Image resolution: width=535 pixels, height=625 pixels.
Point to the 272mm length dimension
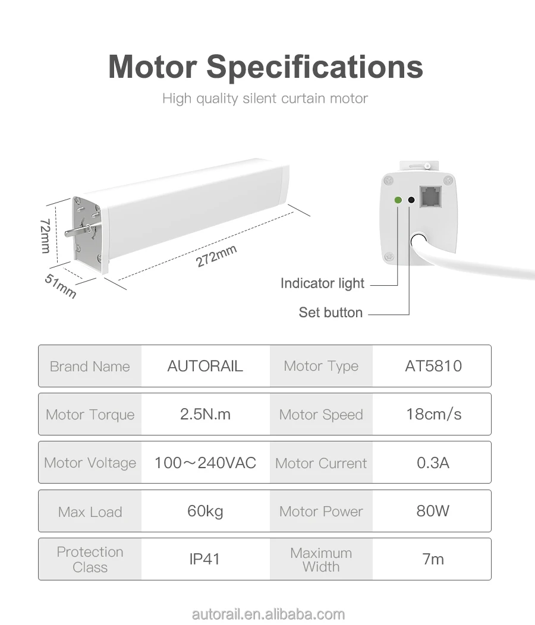coord(216,256)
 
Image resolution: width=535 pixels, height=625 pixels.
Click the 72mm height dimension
coord(45,235)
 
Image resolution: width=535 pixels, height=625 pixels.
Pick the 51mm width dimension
coord(61,286)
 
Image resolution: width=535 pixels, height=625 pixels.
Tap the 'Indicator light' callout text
coord(322,283)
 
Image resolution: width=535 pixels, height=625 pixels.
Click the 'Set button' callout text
coord(331,312)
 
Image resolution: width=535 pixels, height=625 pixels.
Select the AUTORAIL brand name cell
coord(205,366)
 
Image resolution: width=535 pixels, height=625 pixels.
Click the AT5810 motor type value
coord(433,366)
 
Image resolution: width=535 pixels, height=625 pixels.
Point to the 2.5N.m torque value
coord(205,414)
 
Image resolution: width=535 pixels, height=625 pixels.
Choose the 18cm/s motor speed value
coord(433,414)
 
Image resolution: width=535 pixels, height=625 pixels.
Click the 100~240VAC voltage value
coord(205,463)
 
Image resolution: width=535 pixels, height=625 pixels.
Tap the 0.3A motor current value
coord(433,463)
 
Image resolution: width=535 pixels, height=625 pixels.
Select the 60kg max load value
coord(205,511)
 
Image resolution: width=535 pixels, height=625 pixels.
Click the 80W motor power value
coord(433,511)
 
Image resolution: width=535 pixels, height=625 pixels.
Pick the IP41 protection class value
coord(205,559)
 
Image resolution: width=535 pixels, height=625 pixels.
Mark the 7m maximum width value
coord(433,559)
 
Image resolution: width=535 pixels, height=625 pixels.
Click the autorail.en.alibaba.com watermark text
coord(268,614)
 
